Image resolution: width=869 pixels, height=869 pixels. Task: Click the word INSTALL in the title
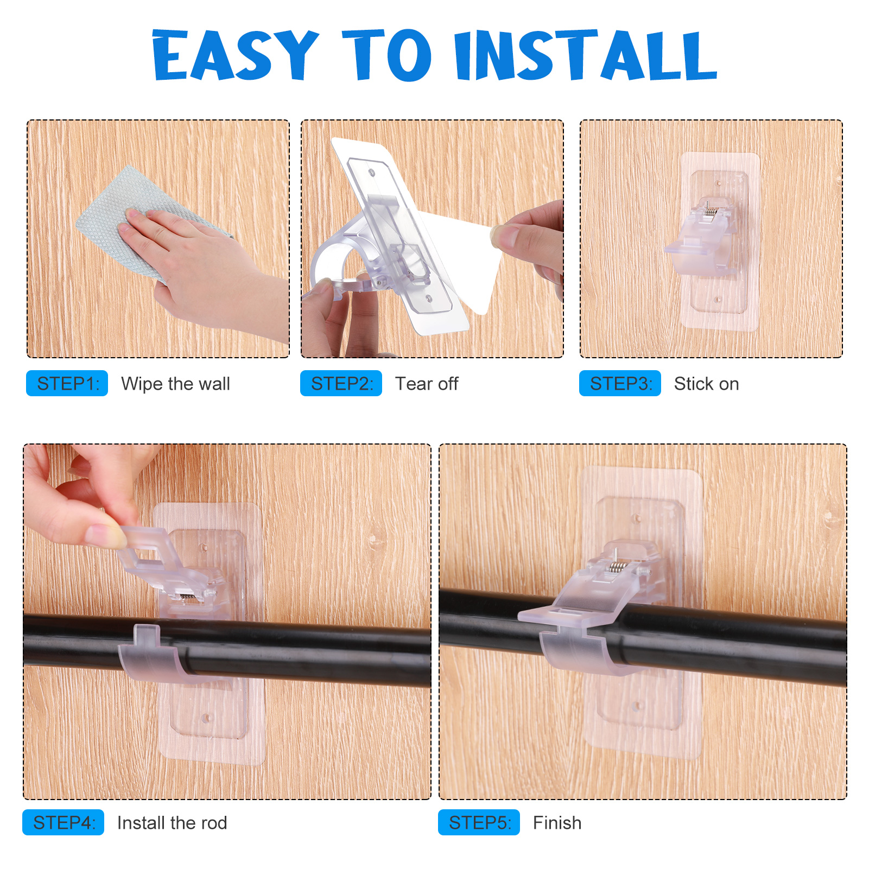pos(586,55)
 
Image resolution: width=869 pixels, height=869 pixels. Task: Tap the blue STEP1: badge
pos(67,383)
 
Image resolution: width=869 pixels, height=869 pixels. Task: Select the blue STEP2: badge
pos(341,383)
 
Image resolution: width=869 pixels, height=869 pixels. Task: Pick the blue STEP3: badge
pos(620,383)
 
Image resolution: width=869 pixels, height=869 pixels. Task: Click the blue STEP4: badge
pos(64,822)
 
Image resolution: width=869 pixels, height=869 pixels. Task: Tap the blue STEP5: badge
pos(479,822)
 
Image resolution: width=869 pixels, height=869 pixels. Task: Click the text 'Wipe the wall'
pos(175,384)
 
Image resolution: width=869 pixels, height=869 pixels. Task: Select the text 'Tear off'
pos(427,384)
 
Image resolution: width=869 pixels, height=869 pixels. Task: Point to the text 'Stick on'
pos(706,384)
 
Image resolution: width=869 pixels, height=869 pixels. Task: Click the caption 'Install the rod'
pos(172,823)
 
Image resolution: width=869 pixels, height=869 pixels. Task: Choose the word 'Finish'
pos(557,823)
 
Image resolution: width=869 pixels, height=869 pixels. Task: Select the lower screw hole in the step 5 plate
pos(637,706)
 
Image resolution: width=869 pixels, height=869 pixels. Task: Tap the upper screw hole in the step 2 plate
pos(372,173)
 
